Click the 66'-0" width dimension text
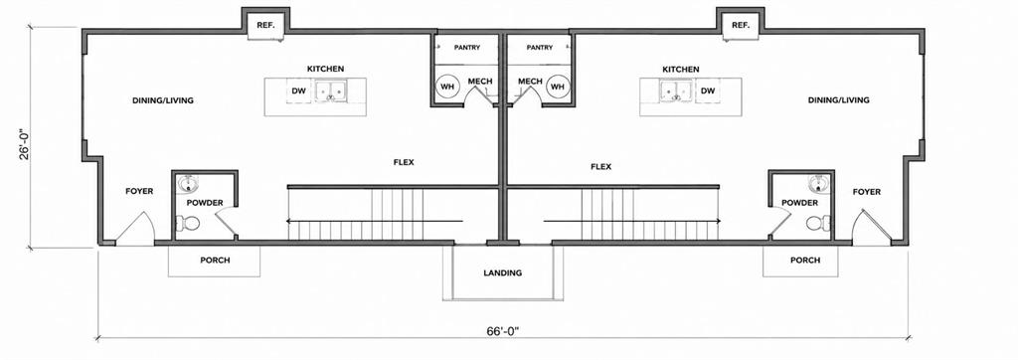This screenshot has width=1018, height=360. coord(503,331)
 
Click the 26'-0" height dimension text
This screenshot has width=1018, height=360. coord(23,144)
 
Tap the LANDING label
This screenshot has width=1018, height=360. coord(503,272)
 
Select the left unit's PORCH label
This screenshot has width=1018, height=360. coord(215,261)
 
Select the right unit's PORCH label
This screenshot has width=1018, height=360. coord(805,261)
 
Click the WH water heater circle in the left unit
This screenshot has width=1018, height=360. coord(446,86)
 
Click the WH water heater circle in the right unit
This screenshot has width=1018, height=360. coord(557,86)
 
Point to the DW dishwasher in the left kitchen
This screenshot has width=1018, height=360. coord(299,90)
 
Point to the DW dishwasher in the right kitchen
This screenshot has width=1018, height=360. coord(708,90)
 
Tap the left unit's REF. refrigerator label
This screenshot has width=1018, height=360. coord(264,25)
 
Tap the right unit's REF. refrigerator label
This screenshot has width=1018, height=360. coord(740,25)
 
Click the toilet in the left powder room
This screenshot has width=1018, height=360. coord(189,224)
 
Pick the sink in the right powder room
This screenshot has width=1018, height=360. coord(818,184)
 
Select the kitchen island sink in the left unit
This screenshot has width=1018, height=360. coord(332,90)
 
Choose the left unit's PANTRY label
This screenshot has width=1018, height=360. coord(467,48)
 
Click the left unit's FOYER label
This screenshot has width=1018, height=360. coord(139,191)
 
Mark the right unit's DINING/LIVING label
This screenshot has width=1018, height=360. coord(839,100)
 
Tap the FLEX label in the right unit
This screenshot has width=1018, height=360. coord(600,166)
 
